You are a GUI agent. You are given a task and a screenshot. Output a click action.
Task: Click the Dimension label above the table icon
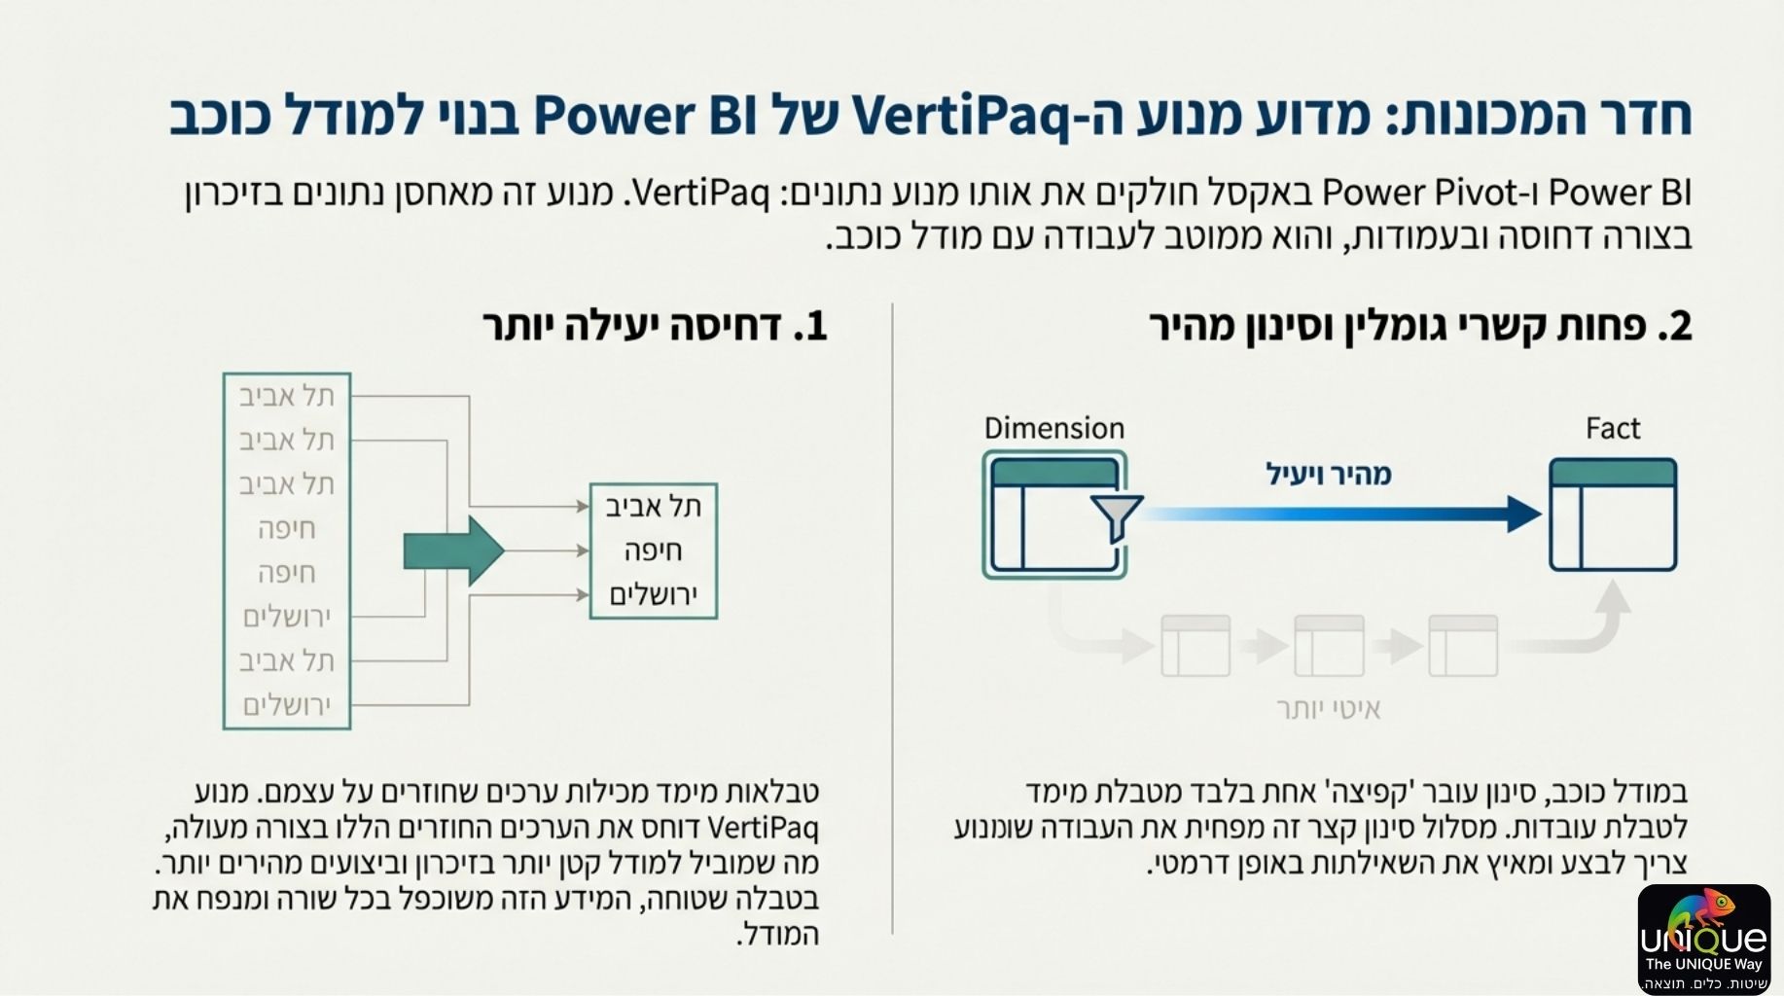(x=1053, y=428)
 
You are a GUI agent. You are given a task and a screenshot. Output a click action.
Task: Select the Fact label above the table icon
(x=1612, y=428)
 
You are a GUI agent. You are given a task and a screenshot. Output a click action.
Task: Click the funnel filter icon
(x=1116, y=516)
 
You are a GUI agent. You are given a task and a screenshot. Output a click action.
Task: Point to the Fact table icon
(x=1612, y=515)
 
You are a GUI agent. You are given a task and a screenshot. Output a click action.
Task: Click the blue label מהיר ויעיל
(x=1328, y=475)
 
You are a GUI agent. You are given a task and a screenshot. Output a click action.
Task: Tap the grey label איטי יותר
(x=1328, y=709)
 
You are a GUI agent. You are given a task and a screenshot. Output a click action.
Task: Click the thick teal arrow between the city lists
(x=453, y=551)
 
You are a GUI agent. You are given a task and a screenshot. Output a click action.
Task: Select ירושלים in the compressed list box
(x=653, y=595)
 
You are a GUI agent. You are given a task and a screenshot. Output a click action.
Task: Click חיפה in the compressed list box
(x=653, y=551)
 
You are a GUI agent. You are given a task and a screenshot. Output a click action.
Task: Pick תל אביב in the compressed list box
(x=653, y=507)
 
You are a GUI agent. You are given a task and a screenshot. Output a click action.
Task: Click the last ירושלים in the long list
(x=287, y=705)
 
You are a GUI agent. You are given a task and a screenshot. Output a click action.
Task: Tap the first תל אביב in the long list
(x=287, y=396)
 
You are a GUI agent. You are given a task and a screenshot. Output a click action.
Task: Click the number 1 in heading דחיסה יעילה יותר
(x=815, y=327)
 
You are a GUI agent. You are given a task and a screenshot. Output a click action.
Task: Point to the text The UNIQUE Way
(x=1703, y=964)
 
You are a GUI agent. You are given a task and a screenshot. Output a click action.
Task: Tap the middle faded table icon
(x=1329, y=645)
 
